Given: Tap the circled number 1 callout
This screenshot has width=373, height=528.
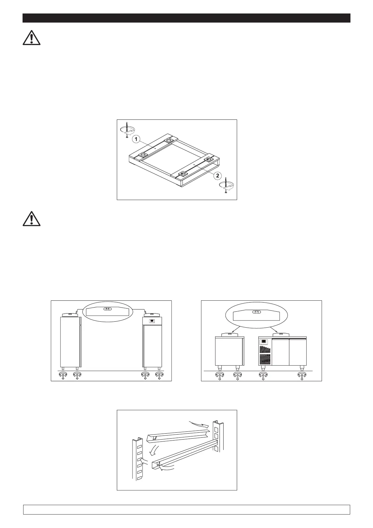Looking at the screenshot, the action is (x=136, y=139).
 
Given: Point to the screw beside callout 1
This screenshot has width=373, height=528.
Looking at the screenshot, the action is (x=127, y=130).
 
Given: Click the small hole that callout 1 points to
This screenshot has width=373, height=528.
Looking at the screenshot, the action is (x=155, y=148).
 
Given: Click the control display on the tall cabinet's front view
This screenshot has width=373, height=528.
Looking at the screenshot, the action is (x=152, y=321).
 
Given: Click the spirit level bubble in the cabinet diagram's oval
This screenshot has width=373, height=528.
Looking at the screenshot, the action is (x=107, y=309).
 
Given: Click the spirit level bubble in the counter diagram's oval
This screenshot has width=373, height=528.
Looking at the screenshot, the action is (x=256, y=312).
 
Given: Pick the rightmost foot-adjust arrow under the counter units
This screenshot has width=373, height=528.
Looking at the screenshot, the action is (x=302, y=376).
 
